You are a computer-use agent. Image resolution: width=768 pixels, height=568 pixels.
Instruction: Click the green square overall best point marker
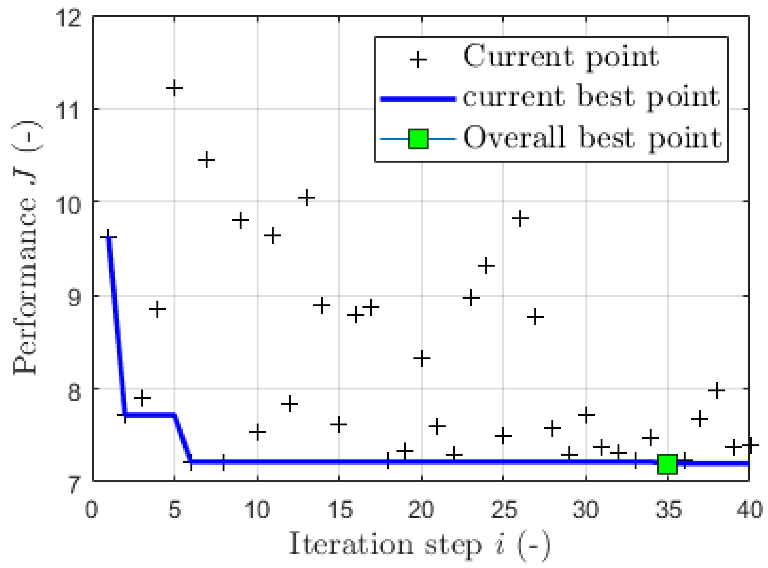(x=667, y=464)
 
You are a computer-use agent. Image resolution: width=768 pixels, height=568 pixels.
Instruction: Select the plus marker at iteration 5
(x=174, y=88)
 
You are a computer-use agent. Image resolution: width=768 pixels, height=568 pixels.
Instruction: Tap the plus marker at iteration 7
(x=206, y=160)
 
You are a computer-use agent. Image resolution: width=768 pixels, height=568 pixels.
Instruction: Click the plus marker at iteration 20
(x=422, y=359)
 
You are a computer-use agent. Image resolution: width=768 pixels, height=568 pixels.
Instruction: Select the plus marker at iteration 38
(x=717, y=390)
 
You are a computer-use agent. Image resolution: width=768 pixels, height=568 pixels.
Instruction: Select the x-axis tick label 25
(x=503, y=510)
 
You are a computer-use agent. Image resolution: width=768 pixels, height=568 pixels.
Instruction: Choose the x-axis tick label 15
(x=340, y=510)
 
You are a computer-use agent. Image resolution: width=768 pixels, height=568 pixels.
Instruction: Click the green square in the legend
(x=418, y=139)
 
